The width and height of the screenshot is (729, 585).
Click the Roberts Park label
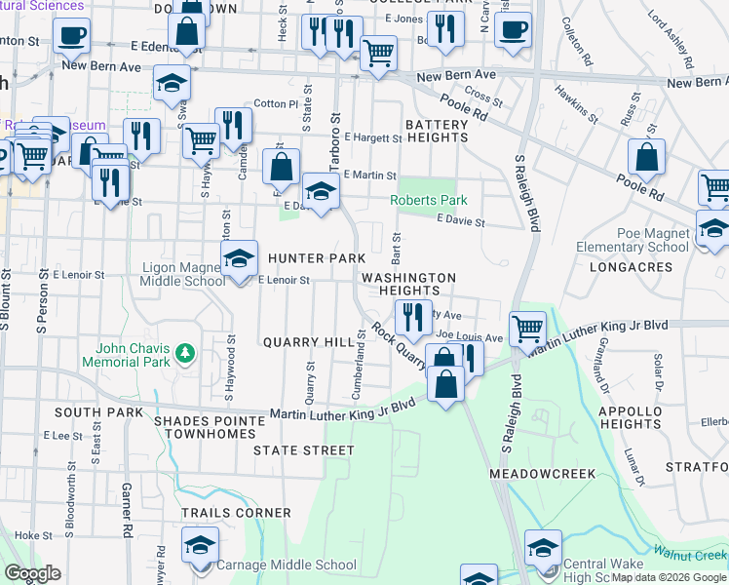pyautogui.click(x=429, y=200)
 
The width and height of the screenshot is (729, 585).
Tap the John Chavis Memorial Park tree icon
pyautogui.click(x=182, y=352)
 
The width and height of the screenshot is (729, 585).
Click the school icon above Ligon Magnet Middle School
pyautogui.click(x=238, y=259)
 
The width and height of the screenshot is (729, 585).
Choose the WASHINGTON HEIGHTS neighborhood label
pyautogui.click(x=408, y=284)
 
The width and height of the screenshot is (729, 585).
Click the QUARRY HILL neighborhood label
pyautogui.click(x=305, y=342)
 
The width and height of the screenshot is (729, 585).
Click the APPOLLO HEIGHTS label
pyautogui.click(x=631, y=417)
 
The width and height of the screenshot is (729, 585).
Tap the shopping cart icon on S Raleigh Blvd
pyautogui.click(x=527, y=329)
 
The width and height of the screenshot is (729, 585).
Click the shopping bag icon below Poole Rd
pyautogui.click(x=646, y=156)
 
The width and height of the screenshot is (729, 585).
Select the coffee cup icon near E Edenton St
pyautogui.click(x=70, y=37)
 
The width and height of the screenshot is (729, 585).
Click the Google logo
pyautogui.click(x=33, y=573)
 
